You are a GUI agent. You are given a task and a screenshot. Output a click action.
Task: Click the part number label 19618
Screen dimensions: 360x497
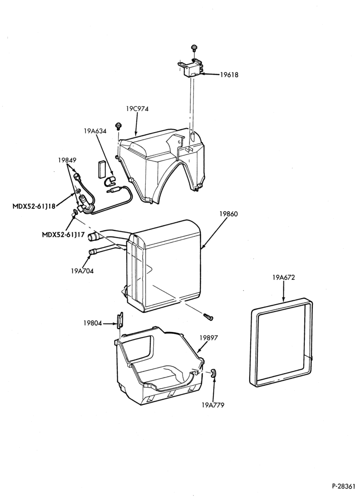pos(229,75)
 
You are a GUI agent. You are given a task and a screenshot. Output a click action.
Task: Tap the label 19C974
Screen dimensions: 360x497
pos(137,109)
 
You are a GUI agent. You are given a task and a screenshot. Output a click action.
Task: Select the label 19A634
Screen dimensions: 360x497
pos(95,131)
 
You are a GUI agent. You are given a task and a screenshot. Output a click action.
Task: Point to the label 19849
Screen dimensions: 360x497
pos(67,160)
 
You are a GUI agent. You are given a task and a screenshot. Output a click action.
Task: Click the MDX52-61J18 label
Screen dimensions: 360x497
pos(34,206)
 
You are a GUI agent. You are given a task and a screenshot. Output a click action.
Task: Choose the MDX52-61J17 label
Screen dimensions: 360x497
pos(64,235)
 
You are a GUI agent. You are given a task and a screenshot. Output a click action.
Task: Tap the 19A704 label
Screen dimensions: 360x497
pos(82,271)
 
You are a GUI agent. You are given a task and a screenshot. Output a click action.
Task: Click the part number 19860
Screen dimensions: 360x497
pos(229,214)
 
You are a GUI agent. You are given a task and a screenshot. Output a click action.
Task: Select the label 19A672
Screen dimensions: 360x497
pos(283,277)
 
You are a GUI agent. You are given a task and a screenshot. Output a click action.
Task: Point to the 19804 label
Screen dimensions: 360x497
pos(92,324)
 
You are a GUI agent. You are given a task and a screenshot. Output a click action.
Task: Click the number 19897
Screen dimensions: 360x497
pos(208,338)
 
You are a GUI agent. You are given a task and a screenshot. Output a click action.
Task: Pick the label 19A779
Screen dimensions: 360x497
pos(213,405)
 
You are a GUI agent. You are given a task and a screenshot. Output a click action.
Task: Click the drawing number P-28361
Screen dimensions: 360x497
pos(344,486)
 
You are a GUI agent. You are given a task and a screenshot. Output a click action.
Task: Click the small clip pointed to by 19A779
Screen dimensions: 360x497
pos(213,373)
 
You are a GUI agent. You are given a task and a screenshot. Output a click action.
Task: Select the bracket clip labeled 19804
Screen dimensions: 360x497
pos(120,320)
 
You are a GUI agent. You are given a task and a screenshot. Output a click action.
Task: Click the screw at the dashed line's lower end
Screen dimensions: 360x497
pos(208,316)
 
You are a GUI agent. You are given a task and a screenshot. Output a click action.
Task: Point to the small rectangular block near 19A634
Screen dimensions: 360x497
pos(101,169)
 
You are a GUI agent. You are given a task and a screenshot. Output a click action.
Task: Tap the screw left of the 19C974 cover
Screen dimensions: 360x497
pos(119,125)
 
